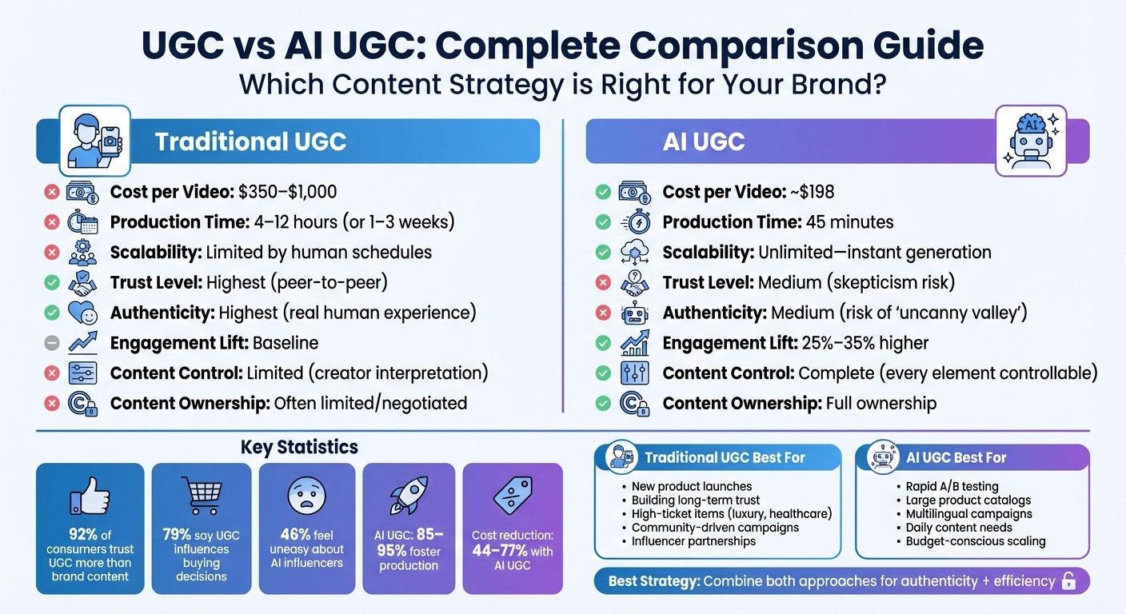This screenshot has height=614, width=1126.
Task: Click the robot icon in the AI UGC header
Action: point(1030,141)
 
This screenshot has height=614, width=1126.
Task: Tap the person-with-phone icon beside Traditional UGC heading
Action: point(94,141)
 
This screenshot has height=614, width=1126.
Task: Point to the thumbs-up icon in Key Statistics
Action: point(90,496)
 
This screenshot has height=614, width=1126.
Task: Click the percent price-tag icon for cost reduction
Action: point(513,497)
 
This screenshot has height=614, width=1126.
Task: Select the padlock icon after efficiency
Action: point(1068,581)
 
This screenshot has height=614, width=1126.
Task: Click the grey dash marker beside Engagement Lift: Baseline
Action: point(52,343)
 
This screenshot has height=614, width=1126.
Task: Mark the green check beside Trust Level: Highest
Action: point(52,282)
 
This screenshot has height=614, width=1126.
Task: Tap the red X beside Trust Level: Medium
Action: point(604,282)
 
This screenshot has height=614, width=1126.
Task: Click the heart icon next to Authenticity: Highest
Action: point(82,313)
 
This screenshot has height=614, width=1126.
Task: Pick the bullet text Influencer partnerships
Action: point(693,541)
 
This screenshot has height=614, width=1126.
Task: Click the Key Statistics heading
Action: point(299,448)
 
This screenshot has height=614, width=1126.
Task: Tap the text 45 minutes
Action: point(849,222)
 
